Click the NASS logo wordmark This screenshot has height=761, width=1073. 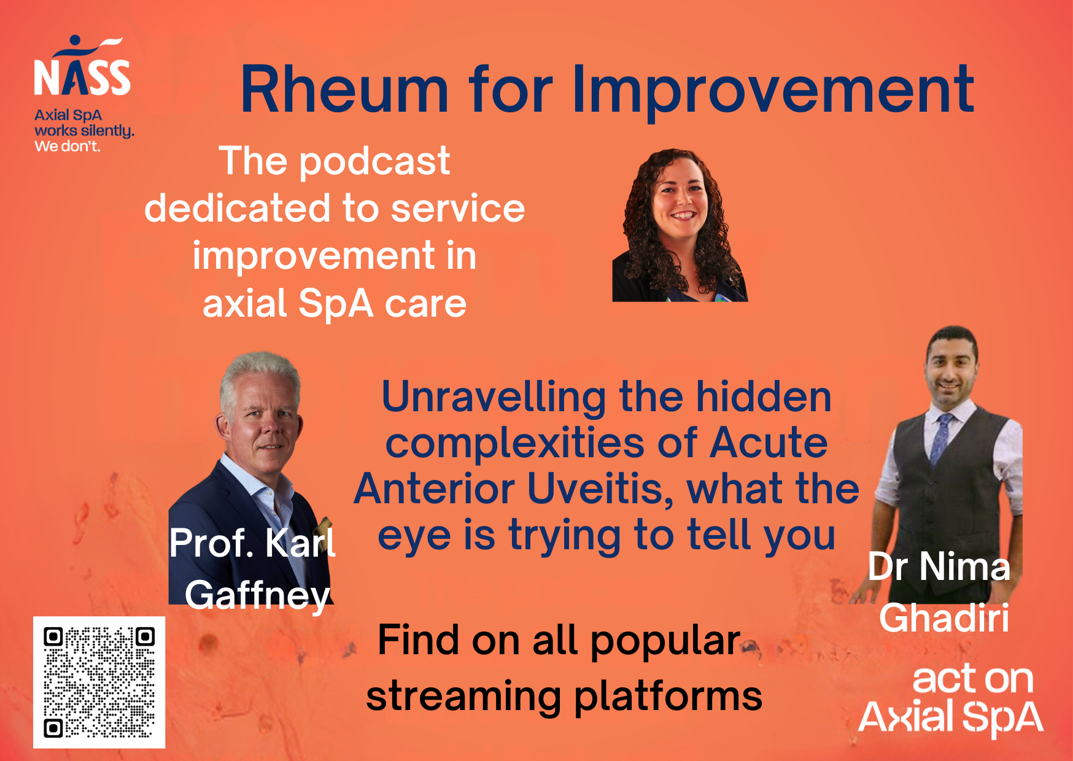click(x=82, y=77)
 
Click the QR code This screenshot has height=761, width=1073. click(x=99, y=682)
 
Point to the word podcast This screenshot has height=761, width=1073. click(x=374, y=162)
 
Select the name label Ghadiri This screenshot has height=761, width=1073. click(x=944, y=617)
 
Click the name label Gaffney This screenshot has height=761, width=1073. click(x=258, y=595)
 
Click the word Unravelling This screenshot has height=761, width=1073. click(x=494, y=396)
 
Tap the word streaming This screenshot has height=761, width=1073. click(x=463, y=697)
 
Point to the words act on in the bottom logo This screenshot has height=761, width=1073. click(x=973, y=679)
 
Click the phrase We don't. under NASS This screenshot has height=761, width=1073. click(x=68, y=146)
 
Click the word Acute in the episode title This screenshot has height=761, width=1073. click(x=769, y=442)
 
